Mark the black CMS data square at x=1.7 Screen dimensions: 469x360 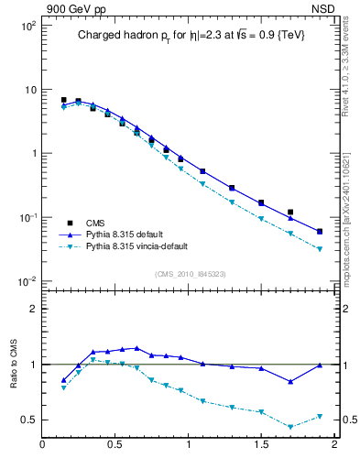click(x=290, y=212)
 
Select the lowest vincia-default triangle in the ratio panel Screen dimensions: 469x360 click(x=290, y=427)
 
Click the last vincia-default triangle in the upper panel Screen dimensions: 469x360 click(x=320, y=249)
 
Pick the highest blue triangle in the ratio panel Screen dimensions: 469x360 click(x=136, y=348)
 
